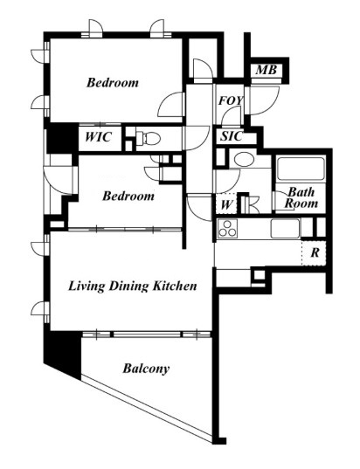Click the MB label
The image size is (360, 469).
[x=266, y=70]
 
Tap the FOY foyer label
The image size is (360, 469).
[x=231, y=100]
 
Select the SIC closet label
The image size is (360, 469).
[x=231, y=136]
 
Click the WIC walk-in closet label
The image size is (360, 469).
[x=99, y=137]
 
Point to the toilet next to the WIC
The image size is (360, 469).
[x=148, y=139]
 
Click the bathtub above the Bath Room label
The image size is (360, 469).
[x=301, y=169]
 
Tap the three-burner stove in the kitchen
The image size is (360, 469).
[x=228, y=229]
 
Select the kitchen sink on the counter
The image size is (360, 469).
[x=285, y=229]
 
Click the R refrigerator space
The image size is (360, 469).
[x=314, y=253]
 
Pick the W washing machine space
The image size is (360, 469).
[x=226, y=205]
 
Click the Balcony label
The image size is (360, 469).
[x=146, y=369]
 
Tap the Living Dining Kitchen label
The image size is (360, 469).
[x=133, y=286]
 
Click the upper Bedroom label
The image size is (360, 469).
[x=113, y=83]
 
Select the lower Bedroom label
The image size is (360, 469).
[x=128, y=197]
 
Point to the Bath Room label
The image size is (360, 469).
[x=301, y=197]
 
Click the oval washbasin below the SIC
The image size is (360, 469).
[x=244, y=159]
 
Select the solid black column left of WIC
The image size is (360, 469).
[x=62, y=139]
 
